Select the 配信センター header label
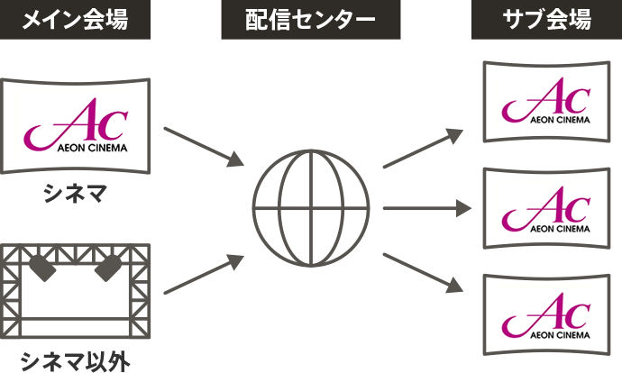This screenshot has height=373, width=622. [x=311, y=20]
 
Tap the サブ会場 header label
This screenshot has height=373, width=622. [x=547, y=20]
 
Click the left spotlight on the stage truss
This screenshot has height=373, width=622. [x=41, y=264]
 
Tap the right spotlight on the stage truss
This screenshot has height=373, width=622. [x=110, y=264]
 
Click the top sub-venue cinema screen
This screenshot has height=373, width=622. [x=546, y=101]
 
